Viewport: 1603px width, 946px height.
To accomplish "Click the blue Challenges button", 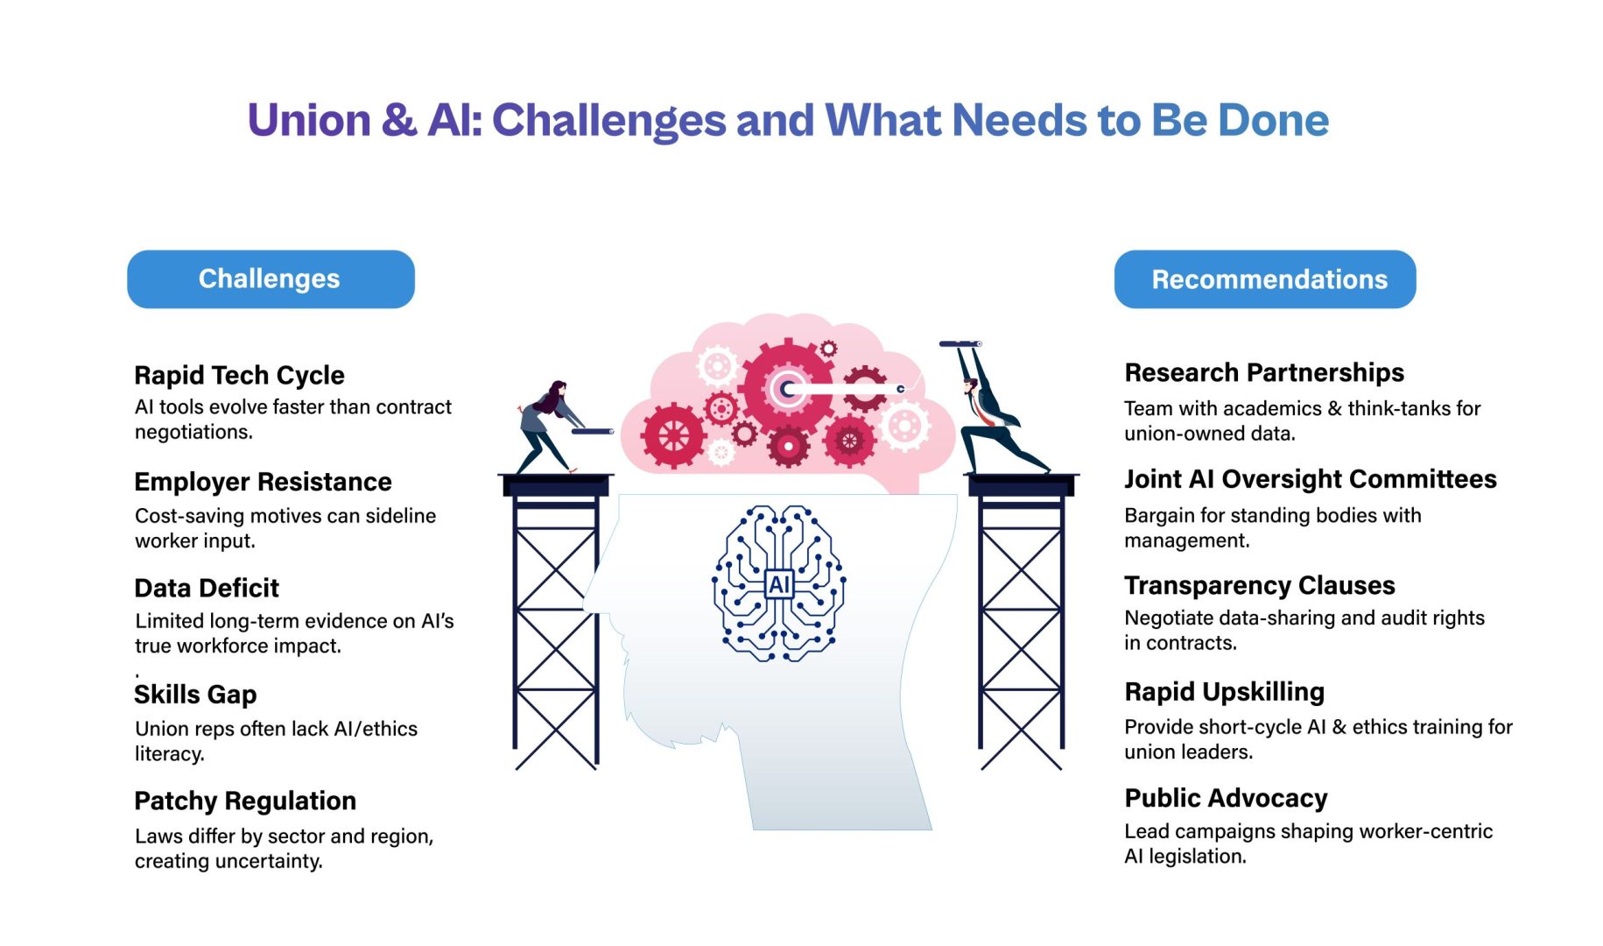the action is tap(271, 279).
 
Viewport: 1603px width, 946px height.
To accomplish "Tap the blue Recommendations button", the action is tap(1265, 279).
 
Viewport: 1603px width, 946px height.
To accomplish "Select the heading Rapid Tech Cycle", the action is tap(239, 375).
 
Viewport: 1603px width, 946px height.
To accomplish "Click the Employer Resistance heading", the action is tap(263, 482).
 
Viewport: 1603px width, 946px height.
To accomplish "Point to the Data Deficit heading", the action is tap(207, 588).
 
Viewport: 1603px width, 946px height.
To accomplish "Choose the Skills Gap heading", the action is tap(195, 695).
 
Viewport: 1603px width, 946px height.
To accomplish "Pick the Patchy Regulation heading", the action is tap(245, 801).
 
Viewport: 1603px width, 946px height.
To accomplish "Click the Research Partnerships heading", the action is tap(1264, 372).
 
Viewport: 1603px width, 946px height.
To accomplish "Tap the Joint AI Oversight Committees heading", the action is tap(1311, 479).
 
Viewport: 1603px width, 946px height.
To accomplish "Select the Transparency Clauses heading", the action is tap(1260, 585).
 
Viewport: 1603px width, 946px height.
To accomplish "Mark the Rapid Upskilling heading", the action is tap(1224, 692).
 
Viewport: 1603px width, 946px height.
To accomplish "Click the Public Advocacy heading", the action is tap(1226, 798).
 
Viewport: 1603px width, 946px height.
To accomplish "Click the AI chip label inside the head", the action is tap(779, 584).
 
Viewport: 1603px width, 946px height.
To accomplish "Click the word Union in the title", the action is tap(309, 120).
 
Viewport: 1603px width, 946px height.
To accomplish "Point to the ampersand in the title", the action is tap(399, 120).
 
